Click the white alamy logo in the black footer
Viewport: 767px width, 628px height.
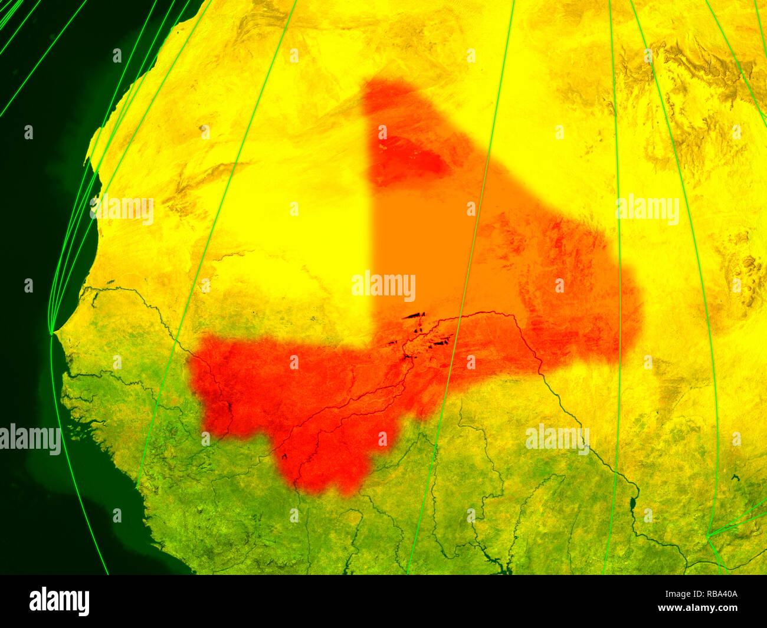(59, 601)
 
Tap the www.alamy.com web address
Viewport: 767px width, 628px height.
(697, 608)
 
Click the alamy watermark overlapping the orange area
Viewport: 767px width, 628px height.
(383, 287)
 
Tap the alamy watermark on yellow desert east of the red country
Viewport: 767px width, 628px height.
(647, 209)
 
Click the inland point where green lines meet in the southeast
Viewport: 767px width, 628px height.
(708, 536)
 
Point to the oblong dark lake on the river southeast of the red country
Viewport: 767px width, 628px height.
(632, 503)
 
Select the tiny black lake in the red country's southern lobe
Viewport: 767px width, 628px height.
(284, 456)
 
